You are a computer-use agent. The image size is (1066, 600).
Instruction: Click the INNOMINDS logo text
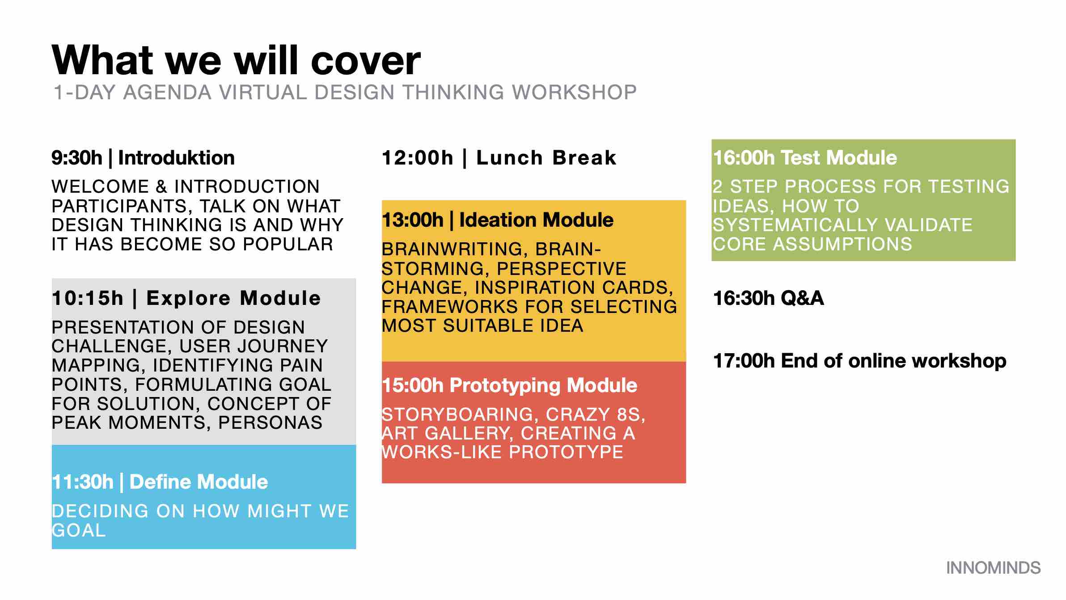coord(993,568)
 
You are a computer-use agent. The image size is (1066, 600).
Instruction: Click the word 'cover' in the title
coord(366,60)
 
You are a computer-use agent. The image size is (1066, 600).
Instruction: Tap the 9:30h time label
coord(77,158)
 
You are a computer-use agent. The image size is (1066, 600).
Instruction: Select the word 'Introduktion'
coord(176,158)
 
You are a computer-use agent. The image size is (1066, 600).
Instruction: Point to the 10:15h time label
coord(88,298)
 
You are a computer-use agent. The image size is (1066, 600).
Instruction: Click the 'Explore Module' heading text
coord(233,298)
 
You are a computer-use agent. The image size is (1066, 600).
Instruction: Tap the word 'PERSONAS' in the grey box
coord(270,423)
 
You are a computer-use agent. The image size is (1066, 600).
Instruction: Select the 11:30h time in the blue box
coord(83,482)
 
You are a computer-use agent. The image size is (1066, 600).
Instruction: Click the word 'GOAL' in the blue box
coord(79,531)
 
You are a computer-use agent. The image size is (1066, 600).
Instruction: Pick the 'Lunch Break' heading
coord(546,158)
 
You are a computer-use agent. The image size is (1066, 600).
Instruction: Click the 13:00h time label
coord(413,220)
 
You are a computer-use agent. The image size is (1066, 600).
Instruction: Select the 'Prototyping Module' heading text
coord(543,385)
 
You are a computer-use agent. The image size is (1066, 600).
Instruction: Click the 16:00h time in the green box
coord(744,158)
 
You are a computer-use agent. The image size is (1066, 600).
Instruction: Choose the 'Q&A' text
coord(802,298)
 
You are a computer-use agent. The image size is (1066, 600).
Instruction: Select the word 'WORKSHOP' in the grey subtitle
coord(574,93)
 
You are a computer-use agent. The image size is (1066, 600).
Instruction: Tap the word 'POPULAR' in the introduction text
coord(288,244)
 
